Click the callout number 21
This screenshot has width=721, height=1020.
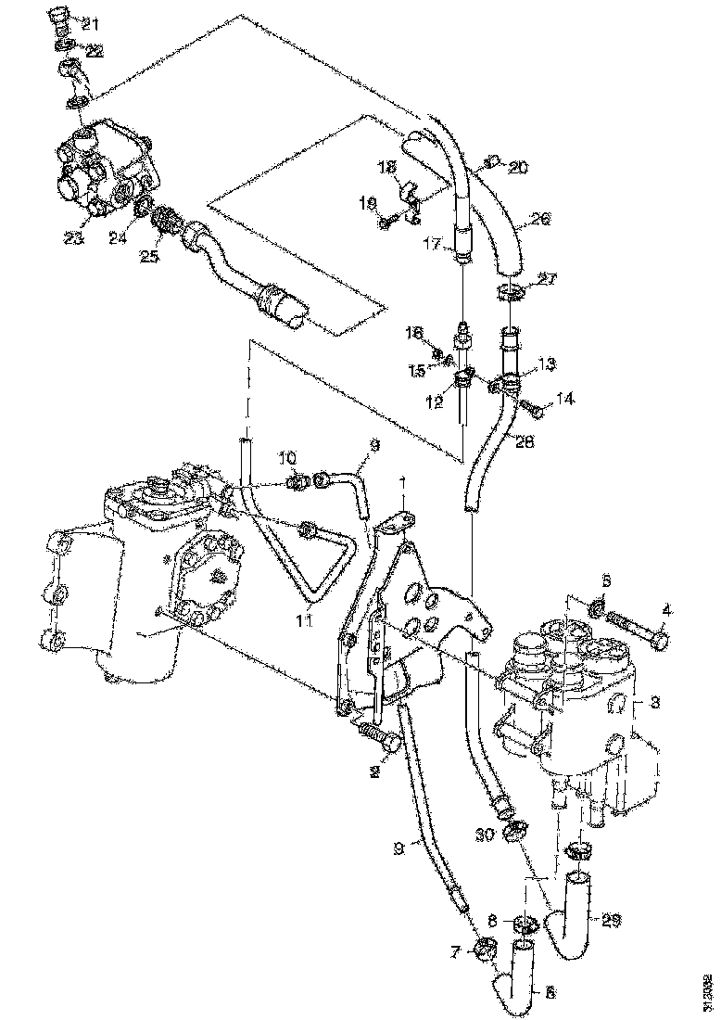click(x=94, y=23)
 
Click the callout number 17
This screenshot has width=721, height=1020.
click(x=431, y=245)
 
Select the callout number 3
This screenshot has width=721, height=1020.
click(x=653, y=703)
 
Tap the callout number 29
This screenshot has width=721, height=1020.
click(x=610, y=921)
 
